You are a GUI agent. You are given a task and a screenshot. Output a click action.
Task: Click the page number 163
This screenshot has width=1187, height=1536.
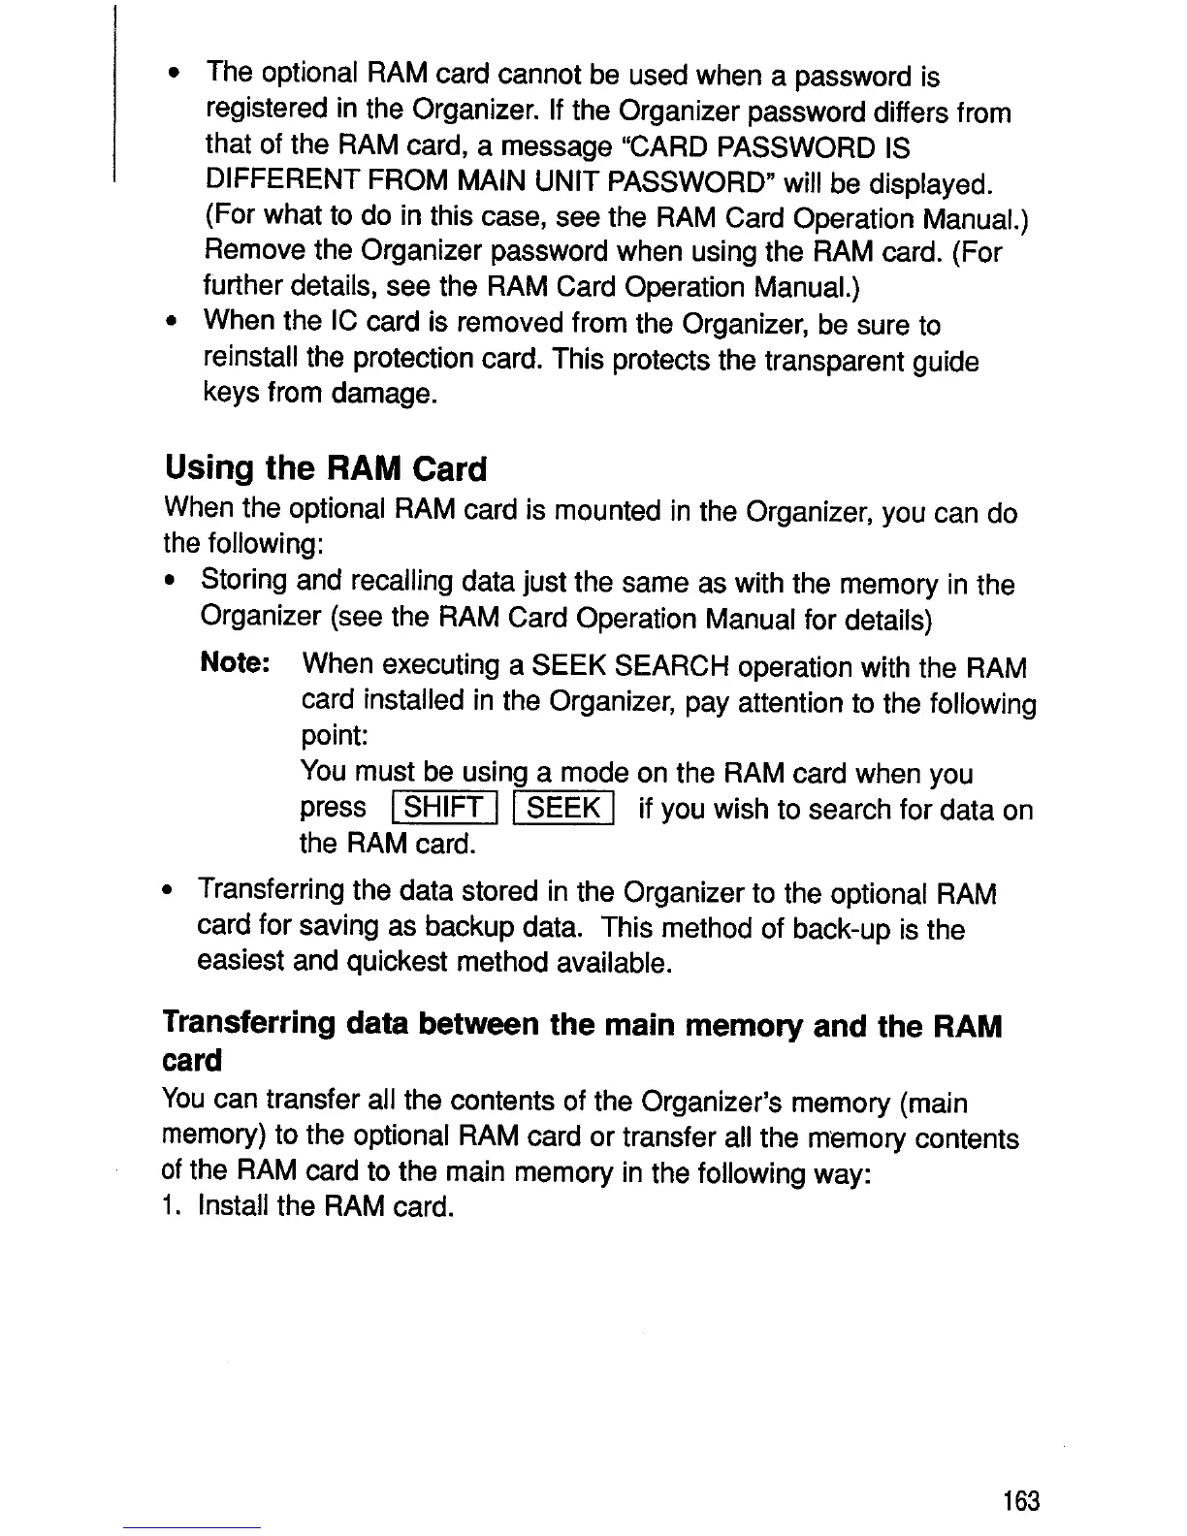point(1021,1501)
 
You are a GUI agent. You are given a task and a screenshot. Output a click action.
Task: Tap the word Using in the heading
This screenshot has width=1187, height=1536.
point(209,468)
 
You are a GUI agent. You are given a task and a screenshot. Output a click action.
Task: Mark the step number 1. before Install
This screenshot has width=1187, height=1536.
point(173,1207)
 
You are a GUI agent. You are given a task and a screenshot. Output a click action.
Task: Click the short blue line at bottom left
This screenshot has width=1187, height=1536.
point(192,1527)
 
